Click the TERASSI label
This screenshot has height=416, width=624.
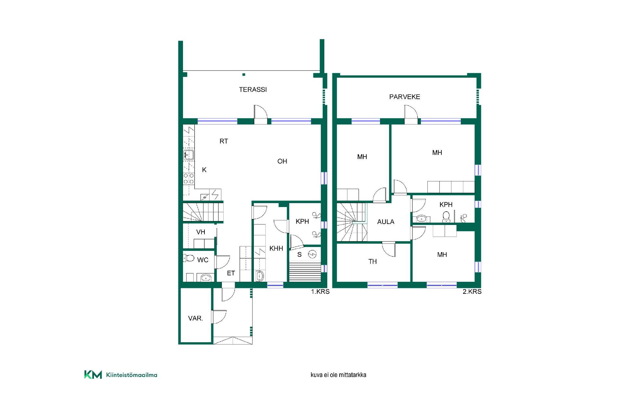[x=253, y=89]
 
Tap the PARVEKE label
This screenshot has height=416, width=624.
[x=405, y=97]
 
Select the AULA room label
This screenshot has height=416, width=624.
[x=386, y=222]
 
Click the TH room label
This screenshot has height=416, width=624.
[x=372, y=262]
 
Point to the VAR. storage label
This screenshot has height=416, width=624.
[x=196, y=318]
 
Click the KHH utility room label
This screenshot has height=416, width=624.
[x=276, y=249]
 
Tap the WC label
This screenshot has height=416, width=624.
[x=203, y=260]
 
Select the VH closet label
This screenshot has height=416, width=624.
[x=201, y=232]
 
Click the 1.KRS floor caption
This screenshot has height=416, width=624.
[x=320, y=292]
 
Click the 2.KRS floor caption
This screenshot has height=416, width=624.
[x=472, y=292]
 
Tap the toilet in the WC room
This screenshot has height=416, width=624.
[x=189, y=258]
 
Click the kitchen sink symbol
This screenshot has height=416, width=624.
[x=189, y=155]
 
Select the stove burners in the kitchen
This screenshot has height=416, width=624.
[x=189, y=179]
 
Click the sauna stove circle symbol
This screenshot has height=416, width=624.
[x=313, y=254]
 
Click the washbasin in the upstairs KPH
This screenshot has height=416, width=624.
[x=422, y=218]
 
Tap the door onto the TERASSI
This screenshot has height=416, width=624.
[x=261, y=114]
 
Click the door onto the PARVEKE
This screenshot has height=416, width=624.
[x=411, y=114]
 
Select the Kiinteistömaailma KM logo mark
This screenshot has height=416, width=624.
[x=93, y=375]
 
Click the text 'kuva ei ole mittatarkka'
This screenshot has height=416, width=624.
[x=338, y=375]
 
